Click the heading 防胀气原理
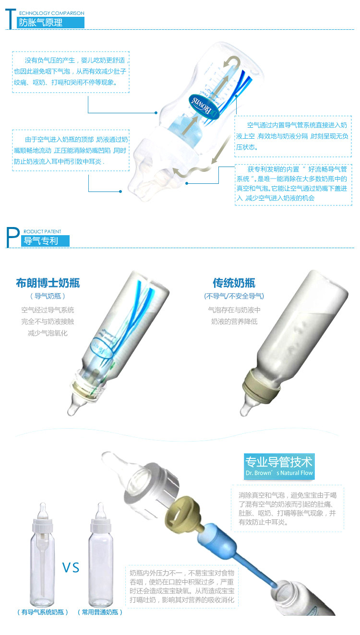[41, 23]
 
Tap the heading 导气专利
[41, 240]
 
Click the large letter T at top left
[11, 19]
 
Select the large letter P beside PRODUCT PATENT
[13, 237]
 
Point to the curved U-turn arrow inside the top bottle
[233, 62]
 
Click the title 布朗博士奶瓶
[48, 283]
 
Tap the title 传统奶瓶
[234, 283]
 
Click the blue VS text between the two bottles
[71, 567]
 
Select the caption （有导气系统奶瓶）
[43, 612]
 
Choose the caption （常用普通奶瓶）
[100, 612]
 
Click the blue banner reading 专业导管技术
[279, 467]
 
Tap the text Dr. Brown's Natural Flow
[279, 473]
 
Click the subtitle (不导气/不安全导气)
[234, 296]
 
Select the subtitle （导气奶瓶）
[48, 296]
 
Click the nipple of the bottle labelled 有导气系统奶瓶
[43, 511]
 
